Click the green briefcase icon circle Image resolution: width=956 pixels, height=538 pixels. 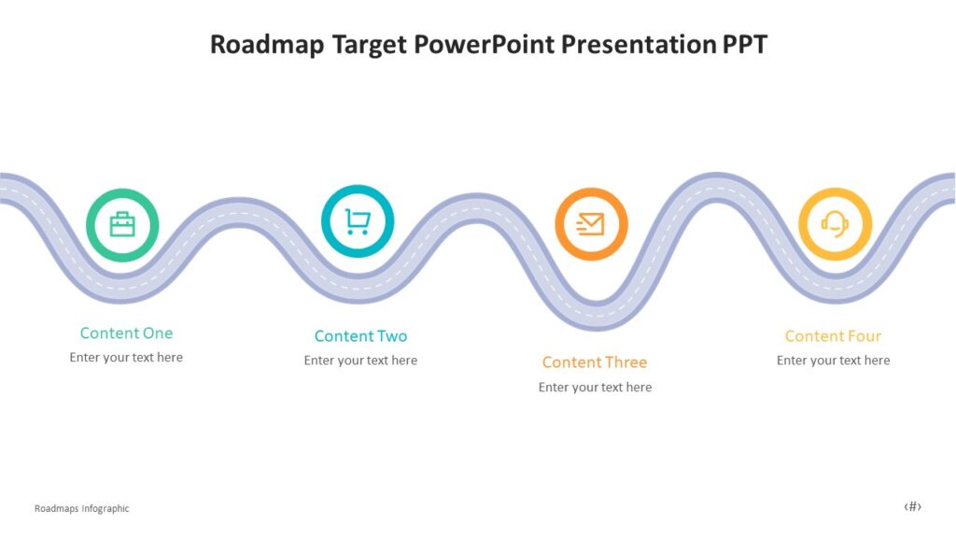(122, 225)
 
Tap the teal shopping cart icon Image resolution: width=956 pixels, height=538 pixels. (358, 221)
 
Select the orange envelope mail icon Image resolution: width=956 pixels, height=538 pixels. (591, 224)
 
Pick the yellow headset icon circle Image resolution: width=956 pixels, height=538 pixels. (835, 224)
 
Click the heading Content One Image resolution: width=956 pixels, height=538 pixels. (126, 333)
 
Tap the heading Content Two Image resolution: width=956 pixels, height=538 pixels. (360, 336)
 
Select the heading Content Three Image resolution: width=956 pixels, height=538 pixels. (595, 362)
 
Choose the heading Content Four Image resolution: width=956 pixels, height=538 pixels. (833, 336)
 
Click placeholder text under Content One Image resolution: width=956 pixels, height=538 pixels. (126, 358)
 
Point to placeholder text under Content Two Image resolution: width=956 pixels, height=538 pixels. (360, 361)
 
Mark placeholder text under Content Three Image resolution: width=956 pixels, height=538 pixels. (595, 388)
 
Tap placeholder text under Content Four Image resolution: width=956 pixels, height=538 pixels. (833, 361)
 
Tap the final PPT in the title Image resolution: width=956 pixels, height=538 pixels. (743, 45)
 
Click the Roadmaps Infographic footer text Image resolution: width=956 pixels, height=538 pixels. (81, 509)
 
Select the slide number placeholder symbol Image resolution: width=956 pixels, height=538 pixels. (912, 507)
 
